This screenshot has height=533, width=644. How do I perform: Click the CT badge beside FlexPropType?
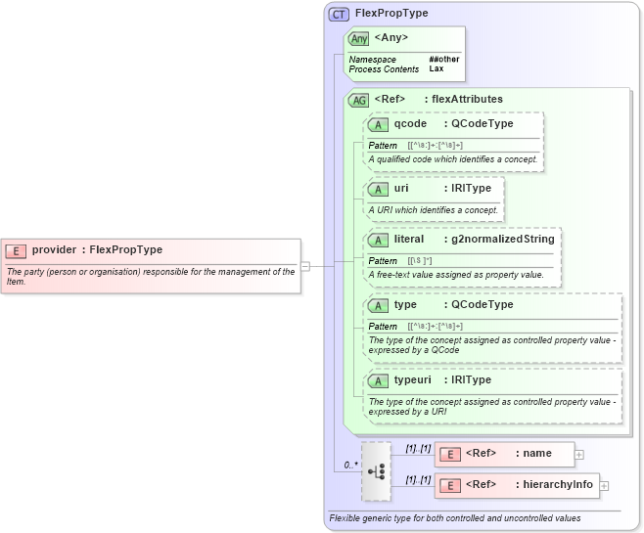(x=340, y=14)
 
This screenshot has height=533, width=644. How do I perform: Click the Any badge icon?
(x=359, y=38)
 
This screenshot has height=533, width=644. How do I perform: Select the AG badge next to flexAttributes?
(x=359, y=99)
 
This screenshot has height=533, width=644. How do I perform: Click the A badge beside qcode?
(x=379, y=124)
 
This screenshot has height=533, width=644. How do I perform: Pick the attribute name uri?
(x=401, y=188)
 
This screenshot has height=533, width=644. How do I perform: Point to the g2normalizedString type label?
(x=502, y=239)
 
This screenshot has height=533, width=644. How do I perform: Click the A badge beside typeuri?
(x=379, y=379)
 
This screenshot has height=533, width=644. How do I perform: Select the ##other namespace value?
(x=443, y=60)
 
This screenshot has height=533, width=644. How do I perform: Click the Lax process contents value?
(x=436, y=69)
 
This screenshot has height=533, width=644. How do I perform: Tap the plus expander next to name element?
(x=579, y=454)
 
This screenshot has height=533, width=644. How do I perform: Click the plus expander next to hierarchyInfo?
(x=604, y=485)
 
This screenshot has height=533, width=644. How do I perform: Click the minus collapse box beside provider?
(x=305, y=265)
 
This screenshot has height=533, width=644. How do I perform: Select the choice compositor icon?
(x=376, y=469)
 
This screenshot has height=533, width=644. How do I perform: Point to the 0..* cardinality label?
(x=349, y=465)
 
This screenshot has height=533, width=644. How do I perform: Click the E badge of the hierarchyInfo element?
(x=450, y=485)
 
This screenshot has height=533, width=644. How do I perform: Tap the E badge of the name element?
(x=450, y=454)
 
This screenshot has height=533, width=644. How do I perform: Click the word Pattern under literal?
(x=383, y=261)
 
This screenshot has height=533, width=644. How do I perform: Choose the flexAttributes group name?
(x=468, y=99)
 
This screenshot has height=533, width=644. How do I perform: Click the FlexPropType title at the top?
(x=391, y=14)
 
